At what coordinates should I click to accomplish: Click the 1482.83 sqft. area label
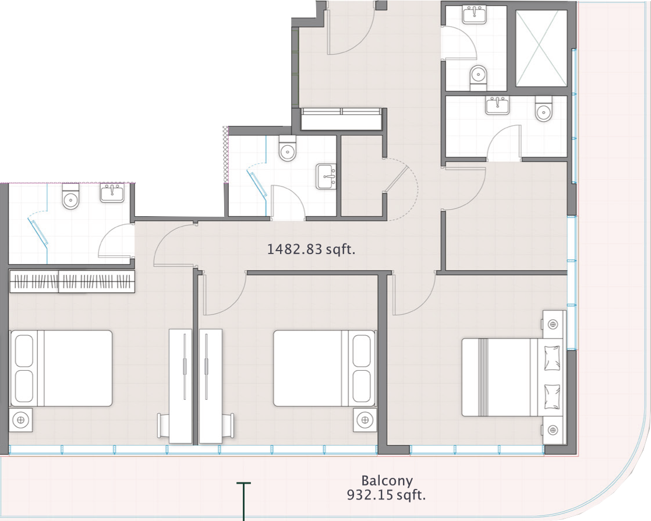pyautogui.click(x=311, y=249)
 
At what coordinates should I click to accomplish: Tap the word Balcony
pyautogui.click(x=387, y=481)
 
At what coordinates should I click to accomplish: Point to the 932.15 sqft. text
pyautogui.click(x=386, y=495)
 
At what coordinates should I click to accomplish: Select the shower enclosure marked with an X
pyautogui.click(x=541, y=48)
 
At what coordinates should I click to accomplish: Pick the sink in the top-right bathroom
pyautogui.click(x=475, y=15)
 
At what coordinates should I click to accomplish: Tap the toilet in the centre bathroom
pyautogui.click(x=287, y=148)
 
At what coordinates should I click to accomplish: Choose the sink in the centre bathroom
pyautogui.click(x=326, y=177)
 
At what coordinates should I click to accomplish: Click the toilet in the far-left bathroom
pyautogui.click(x=70, y=196)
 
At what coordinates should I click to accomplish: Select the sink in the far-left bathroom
pyautogui.click(x=112, y=193)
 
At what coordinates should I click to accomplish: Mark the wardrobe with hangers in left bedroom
pyautogui.click(x=72, y=281)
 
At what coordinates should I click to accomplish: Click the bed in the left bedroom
pyautogui.click(x=62, y=368)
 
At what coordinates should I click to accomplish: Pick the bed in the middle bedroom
pyautogui.click(x=324, y=368)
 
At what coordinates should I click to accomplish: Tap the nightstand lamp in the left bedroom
pyautogui.click(x=21, y=420)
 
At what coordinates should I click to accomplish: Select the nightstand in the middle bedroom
pyautogui.click(x=365, y=420)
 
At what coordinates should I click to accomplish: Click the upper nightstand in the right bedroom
pyautogui.click(x=553, y=324)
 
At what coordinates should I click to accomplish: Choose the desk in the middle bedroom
pyautogui.click(x=210, y=386)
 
